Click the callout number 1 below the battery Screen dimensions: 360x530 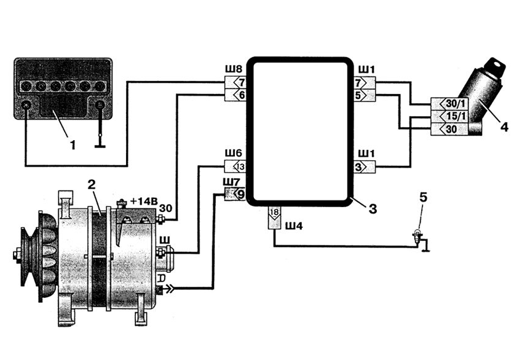tap(73, 146)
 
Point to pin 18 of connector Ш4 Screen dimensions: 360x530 tap(274, 214)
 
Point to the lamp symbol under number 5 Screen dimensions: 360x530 tap(418, 237)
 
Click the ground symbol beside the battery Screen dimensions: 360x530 tap(100, 146)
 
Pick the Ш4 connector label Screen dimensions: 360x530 tap(293, 227)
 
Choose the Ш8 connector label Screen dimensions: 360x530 tap(234, 69)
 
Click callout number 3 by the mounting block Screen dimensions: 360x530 tap(372, 208)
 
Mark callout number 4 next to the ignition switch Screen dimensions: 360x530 tap(504, 128)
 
